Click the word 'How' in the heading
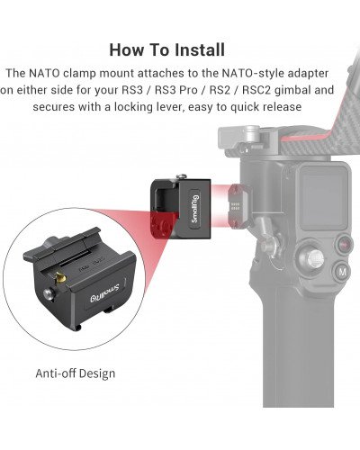tap(128, 49)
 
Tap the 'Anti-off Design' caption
tap(76, 373)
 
